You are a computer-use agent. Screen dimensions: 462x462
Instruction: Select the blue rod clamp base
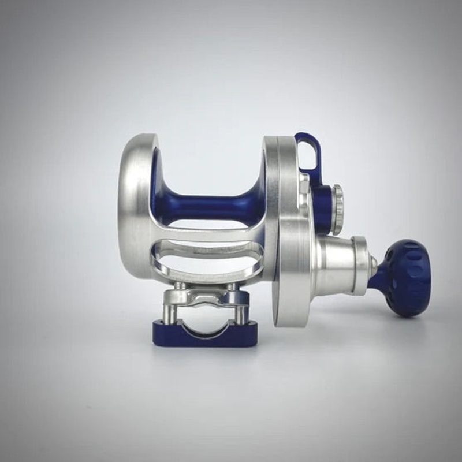click(x=205, y=335)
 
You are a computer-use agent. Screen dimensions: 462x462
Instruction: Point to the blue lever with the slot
click(x=309, y=153)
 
